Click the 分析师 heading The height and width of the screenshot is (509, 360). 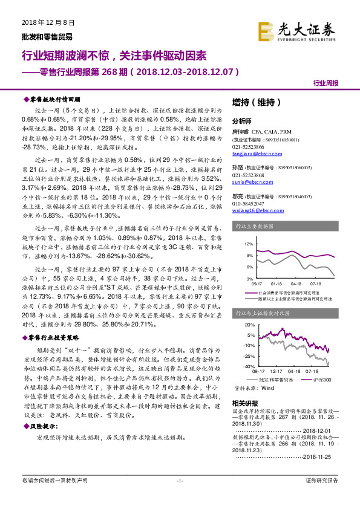pyautogui.click(x=244, y=120)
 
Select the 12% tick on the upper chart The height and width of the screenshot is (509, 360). pyautogui.click(x=248, y=244)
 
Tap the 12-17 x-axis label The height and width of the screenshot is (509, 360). pyautogui.click(x=275, y=371)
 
